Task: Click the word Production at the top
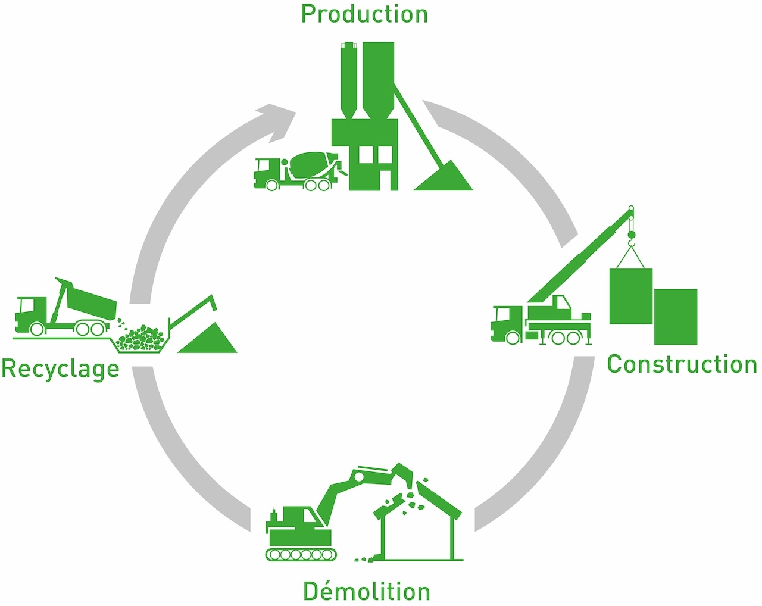coord(364,14)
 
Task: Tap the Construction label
coord(682,364)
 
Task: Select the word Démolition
coord(366,591)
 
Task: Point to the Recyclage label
coord(60,368)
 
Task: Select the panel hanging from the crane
coord(630,296)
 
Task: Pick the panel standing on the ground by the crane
coord(676,317)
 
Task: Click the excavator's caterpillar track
coord(301,554)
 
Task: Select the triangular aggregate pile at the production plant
coord(444,178)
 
